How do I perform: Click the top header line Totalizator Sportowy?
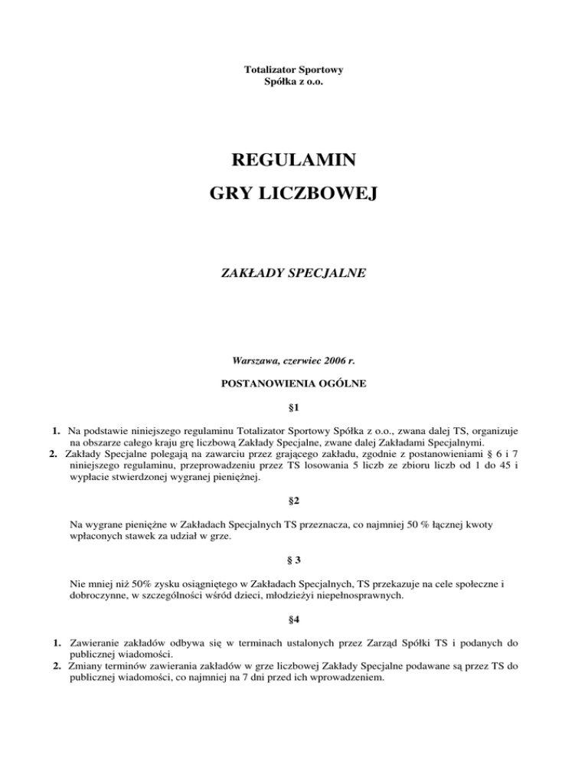(x=293, y=70)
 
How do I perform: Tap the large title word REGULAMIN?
(x=293, y=162)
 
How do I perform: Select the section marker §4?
(x=293, y=622)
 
